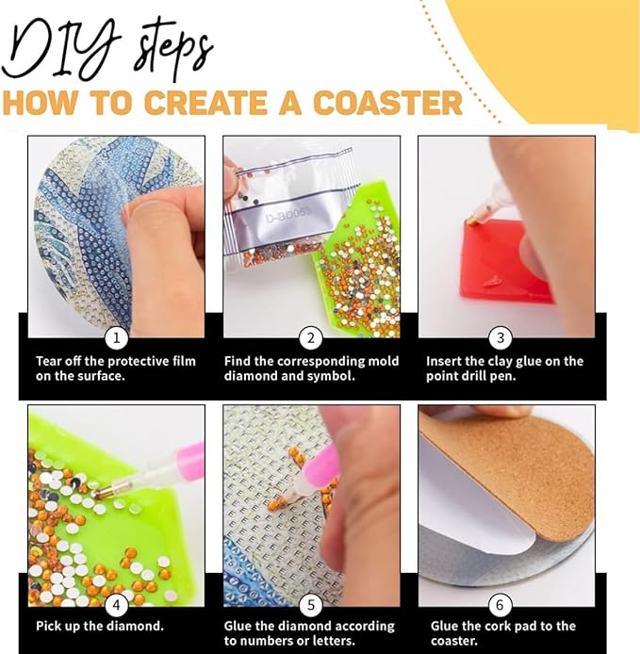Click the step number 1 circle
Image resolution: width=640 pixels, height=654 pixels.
[x=116, y=337]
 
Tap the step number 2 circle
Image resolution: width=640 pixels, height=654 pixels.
[x=311, y=337]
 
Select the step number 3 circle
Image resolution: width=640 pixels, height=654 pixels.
[x=501, y=337]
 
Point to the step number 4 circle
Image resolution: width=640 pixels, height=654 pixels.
[x=116, y=605]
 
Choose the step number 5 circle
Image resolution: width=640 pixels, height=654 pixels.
[x=311, y=605]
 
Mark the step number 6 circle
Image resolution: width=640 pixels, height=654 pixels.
[x=500, y=605]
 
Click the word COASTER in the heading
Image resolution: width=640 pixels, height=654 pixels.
[x=387, y=103]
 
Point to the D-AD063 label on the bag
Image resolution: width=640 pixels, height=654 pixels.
[x=287, y=215]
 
